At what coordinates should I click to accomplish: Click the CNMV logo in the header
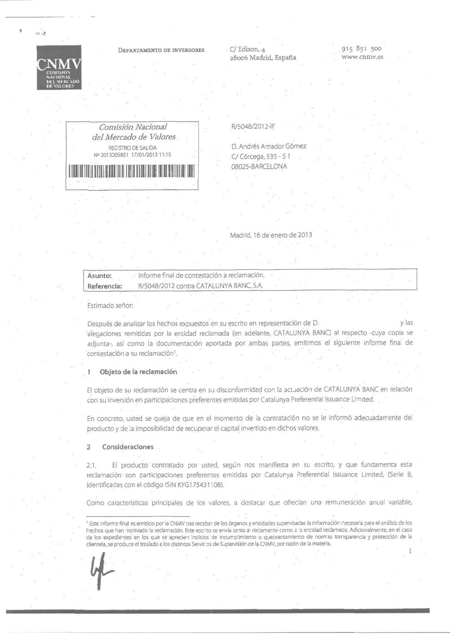tap(59, 67)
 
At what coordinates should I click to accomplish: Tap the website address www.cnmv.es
tap(362, 57)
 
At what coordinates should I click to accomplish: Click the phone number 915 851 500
tap(361, 48)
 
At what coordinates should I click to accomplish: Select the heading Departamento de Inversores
tap(161, 50)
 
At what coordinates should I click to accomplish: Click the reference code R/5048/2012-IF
tap(253, 127)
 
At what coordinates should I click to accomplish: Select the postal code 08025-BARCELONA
tap(259, 167)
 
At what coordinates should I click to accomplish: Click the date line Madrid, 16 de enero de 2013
tap(271, 235)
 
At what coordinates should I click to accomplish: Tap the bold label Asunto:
tap(100, 276)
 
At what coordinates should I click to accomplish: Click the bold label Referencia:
tap(105, 286)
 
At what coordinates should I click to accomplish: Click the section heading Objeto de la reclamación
tap(138, 372)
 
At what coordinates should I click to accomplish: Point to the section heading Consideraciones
tap(128, 447)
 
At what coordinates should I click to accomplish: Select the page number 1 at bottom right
tap(410, 551)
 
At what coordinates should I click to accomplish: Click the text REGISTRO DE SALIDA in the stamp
tap(132, 148)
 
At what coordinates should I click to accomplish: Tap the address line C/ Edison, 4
tap(248, 49)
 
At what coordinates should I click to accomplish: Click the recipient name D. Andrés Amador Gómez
tap(269, 147)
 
